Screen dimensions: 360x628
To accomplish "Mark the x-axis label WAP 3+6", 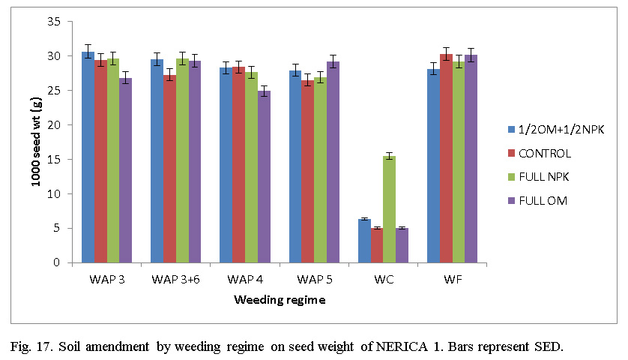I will (175, 280).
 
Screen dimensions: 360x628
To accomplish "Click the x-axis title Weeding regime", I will (280, 300).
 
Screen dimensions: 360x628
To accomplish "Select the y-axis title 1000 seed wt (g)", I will (34, 142).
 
